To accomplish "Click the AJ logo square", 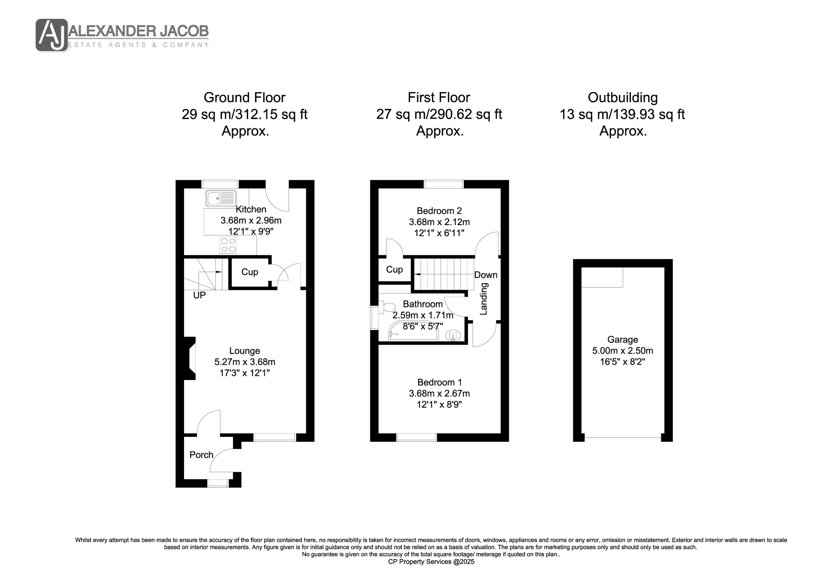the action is click(52, 35).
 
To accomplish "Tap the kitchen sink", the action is click(221, 198).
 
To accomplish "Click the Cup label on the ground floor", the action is click(250, 272).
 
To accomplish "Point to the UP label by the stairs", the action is click(199, 295).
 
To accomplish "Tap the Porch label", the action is click(201, 455).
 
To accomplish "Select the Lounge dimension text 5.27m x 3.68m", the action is click(245, 362).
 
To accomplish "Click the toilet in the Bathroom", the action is click(387, 307).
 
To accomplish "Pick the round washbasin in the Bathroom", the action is click(453, 335).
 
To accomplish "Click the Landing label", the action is click(484, 299).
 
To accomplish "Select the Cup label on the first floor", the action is click(394, 269).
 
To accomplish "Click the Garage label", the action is click(622, 340).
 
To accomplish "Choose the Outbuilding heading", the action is click(622, 97).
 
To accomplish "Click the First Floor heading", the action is click(439, 97).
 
